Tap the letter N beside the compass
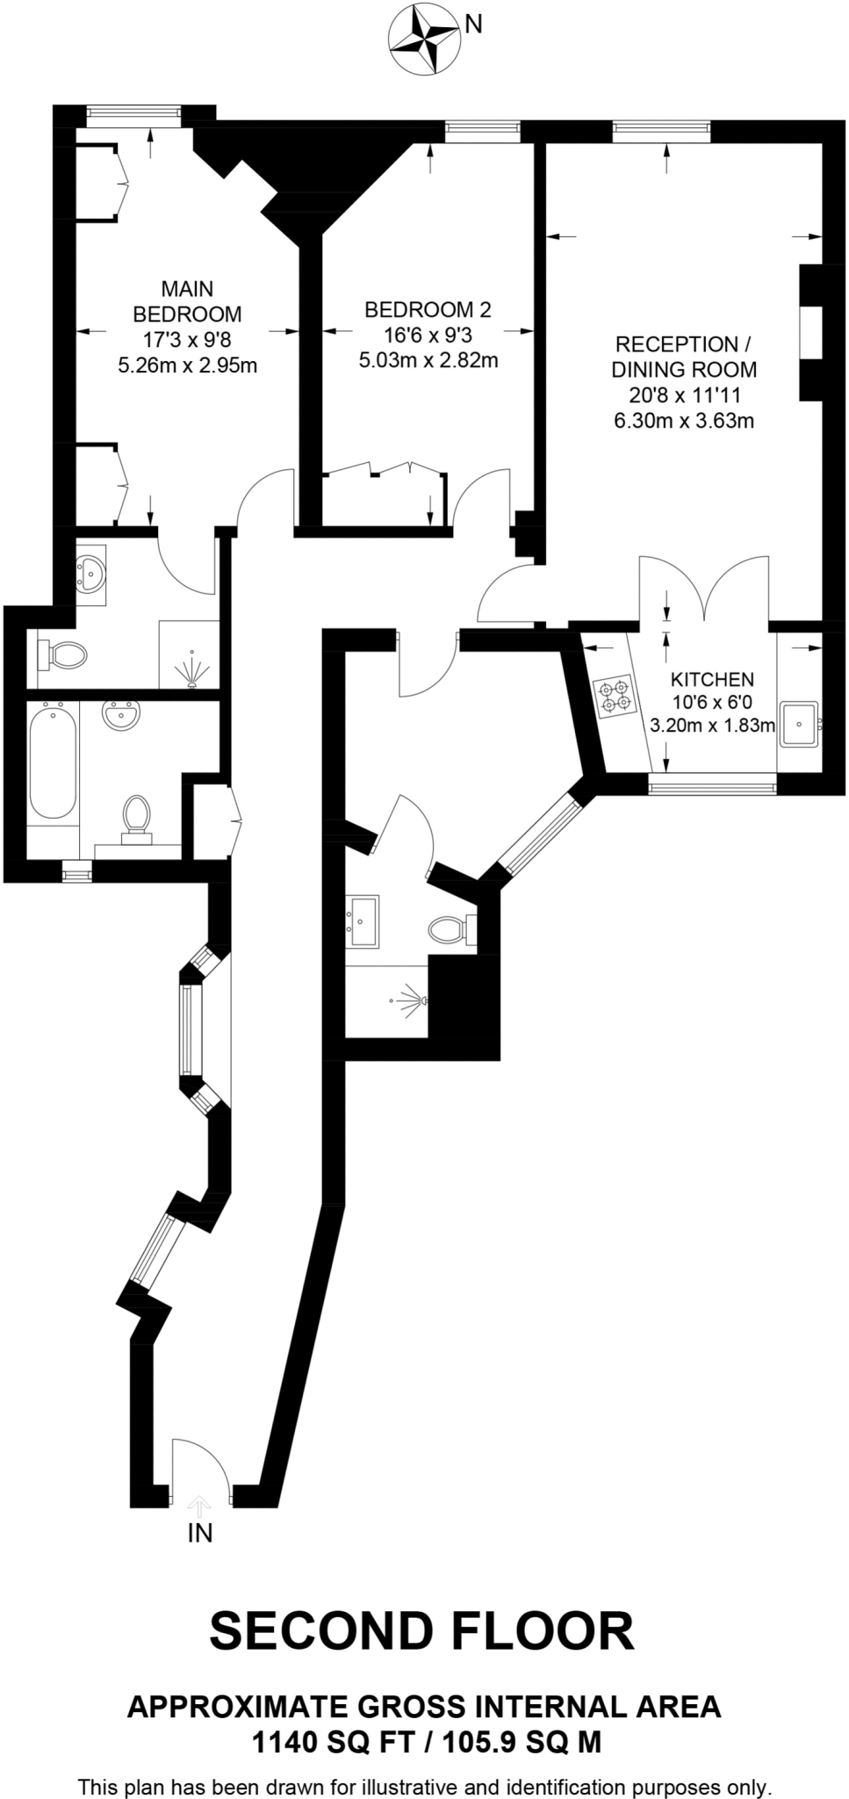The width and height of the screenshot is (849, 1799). pos(473,25)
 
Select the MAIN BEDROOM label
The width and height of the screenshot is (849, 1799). pos(186,301)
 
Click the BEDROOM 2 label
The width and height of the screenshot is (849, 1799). pos(428,309)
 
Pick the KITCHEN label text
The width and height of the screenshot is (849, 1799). pos(711,679)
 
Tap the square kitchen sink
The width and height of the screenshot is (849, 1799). pos(799,725)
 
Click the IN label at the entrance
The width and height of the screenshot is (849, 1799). pos(200,1533)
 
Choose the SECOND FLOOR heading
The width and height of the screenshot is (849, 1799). pos(421,1630)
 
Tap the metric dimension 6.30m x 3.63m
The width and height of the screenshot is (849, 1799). pos(684,421)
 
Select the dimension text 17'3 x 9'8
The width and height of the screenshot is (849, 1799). pos(187,339)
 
